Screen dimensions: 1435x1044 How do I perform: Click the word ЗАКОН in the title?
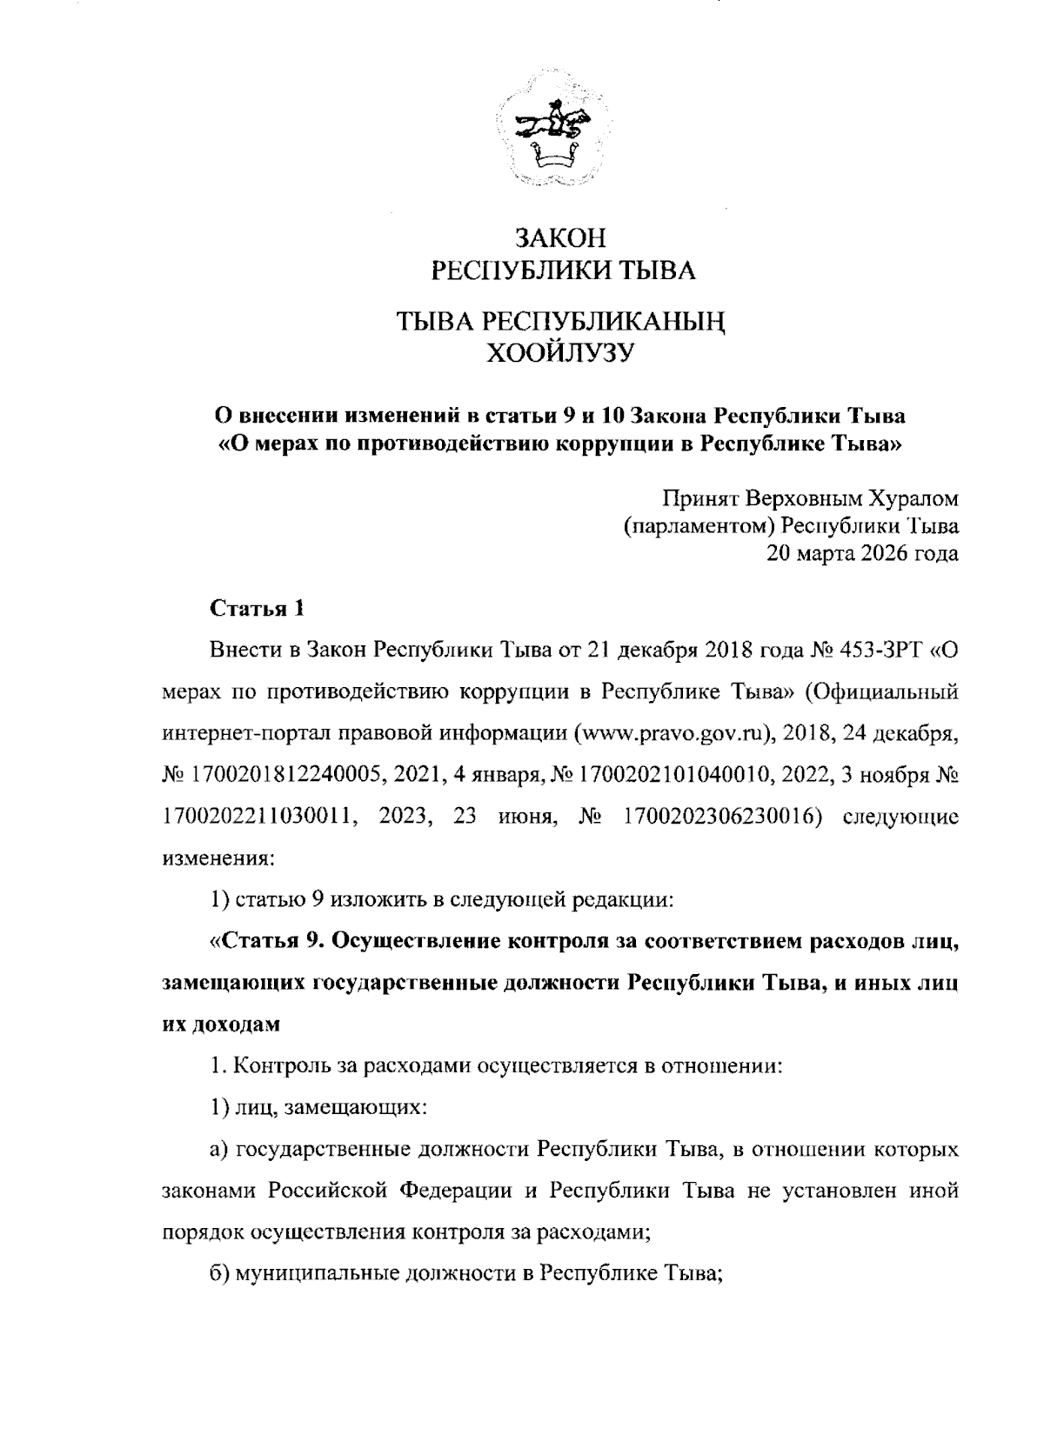(x=559, y=238)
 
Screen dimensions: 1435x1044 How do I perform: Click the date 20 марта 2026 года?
(x=862, y=552)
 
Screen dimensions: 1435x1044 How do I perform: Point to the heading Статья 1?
(x=257, y=608)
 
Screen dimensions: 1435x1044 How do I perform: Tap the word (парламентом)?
(x=699, y=525)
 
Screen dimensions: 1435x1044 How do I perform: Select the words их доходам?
(x=222, y=1024)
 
